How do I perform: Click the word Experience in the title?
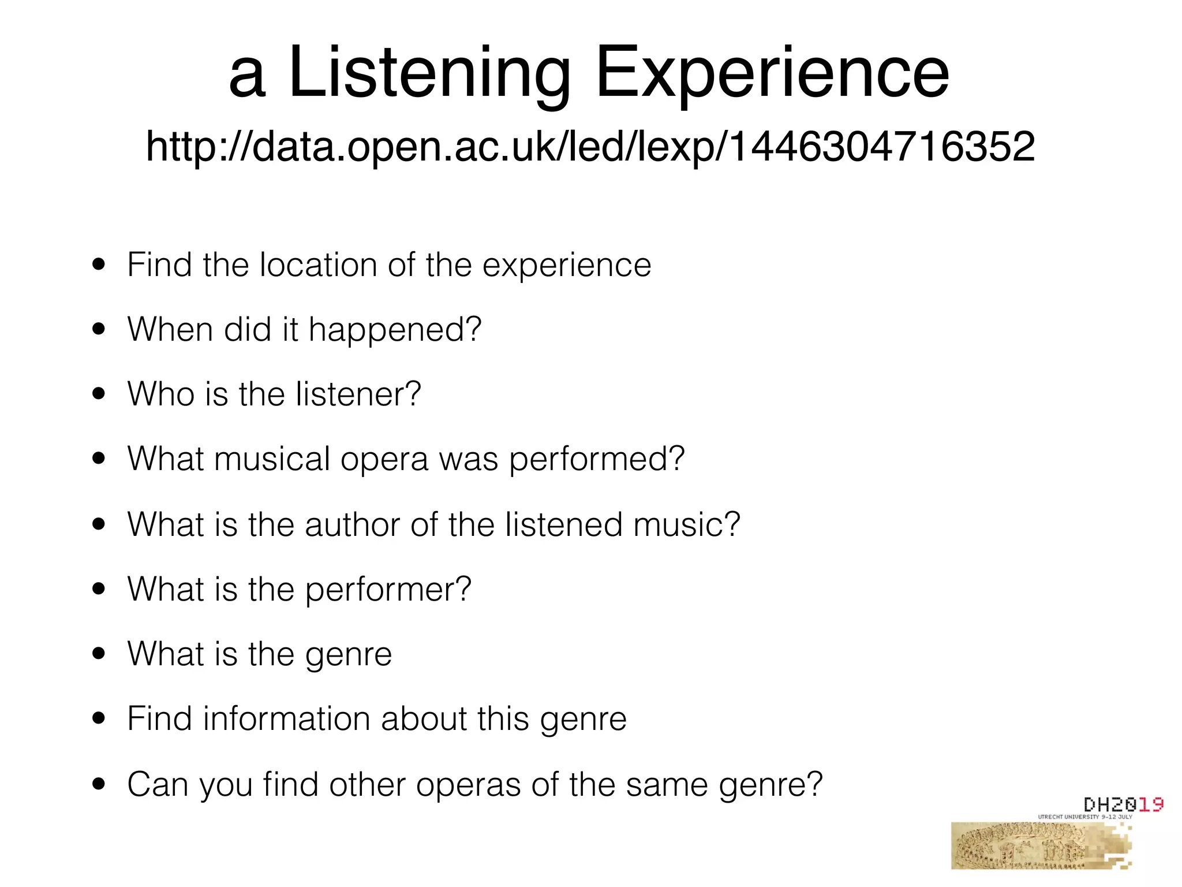pyautogui.click(x=772, y=74)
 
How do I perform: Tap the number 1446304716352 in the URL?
pyautogui.click(x=882, y=147)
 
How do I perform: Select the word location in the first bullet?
pyautogui.click(x=318, y=265)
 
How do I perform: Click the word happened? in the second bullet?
pyautogui.click(x=395, y=330)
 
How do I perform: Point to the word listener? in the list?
pyautogui.click(x=358, y=394)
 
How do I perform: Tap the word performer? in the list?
pyautogui.click(x=388, y=590)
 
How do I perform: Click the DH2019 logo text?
pyautogui.click(x=1123, y=804)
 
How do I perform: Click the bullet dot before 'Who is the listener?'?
pyautogui.click(x=99, y=394)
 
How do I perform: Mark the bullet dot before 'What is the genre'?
pyautogui.click(x=99, y=654)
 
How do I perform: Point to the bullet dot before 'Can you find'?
pyautogui.click(x=99, y=784)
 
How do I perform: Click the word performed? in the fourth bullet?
pyautogui.click(x=596, y=459)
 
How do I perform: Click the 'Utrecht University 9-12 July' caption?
pyautogui.click(x=1085, y=817)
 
